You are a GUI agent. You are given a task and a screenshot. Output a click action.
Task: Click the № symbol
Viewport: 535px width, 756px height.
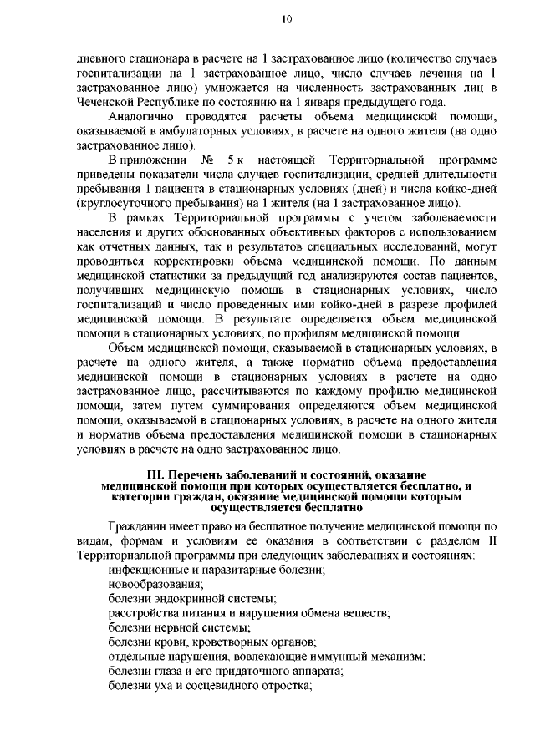tap(201, 160)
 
